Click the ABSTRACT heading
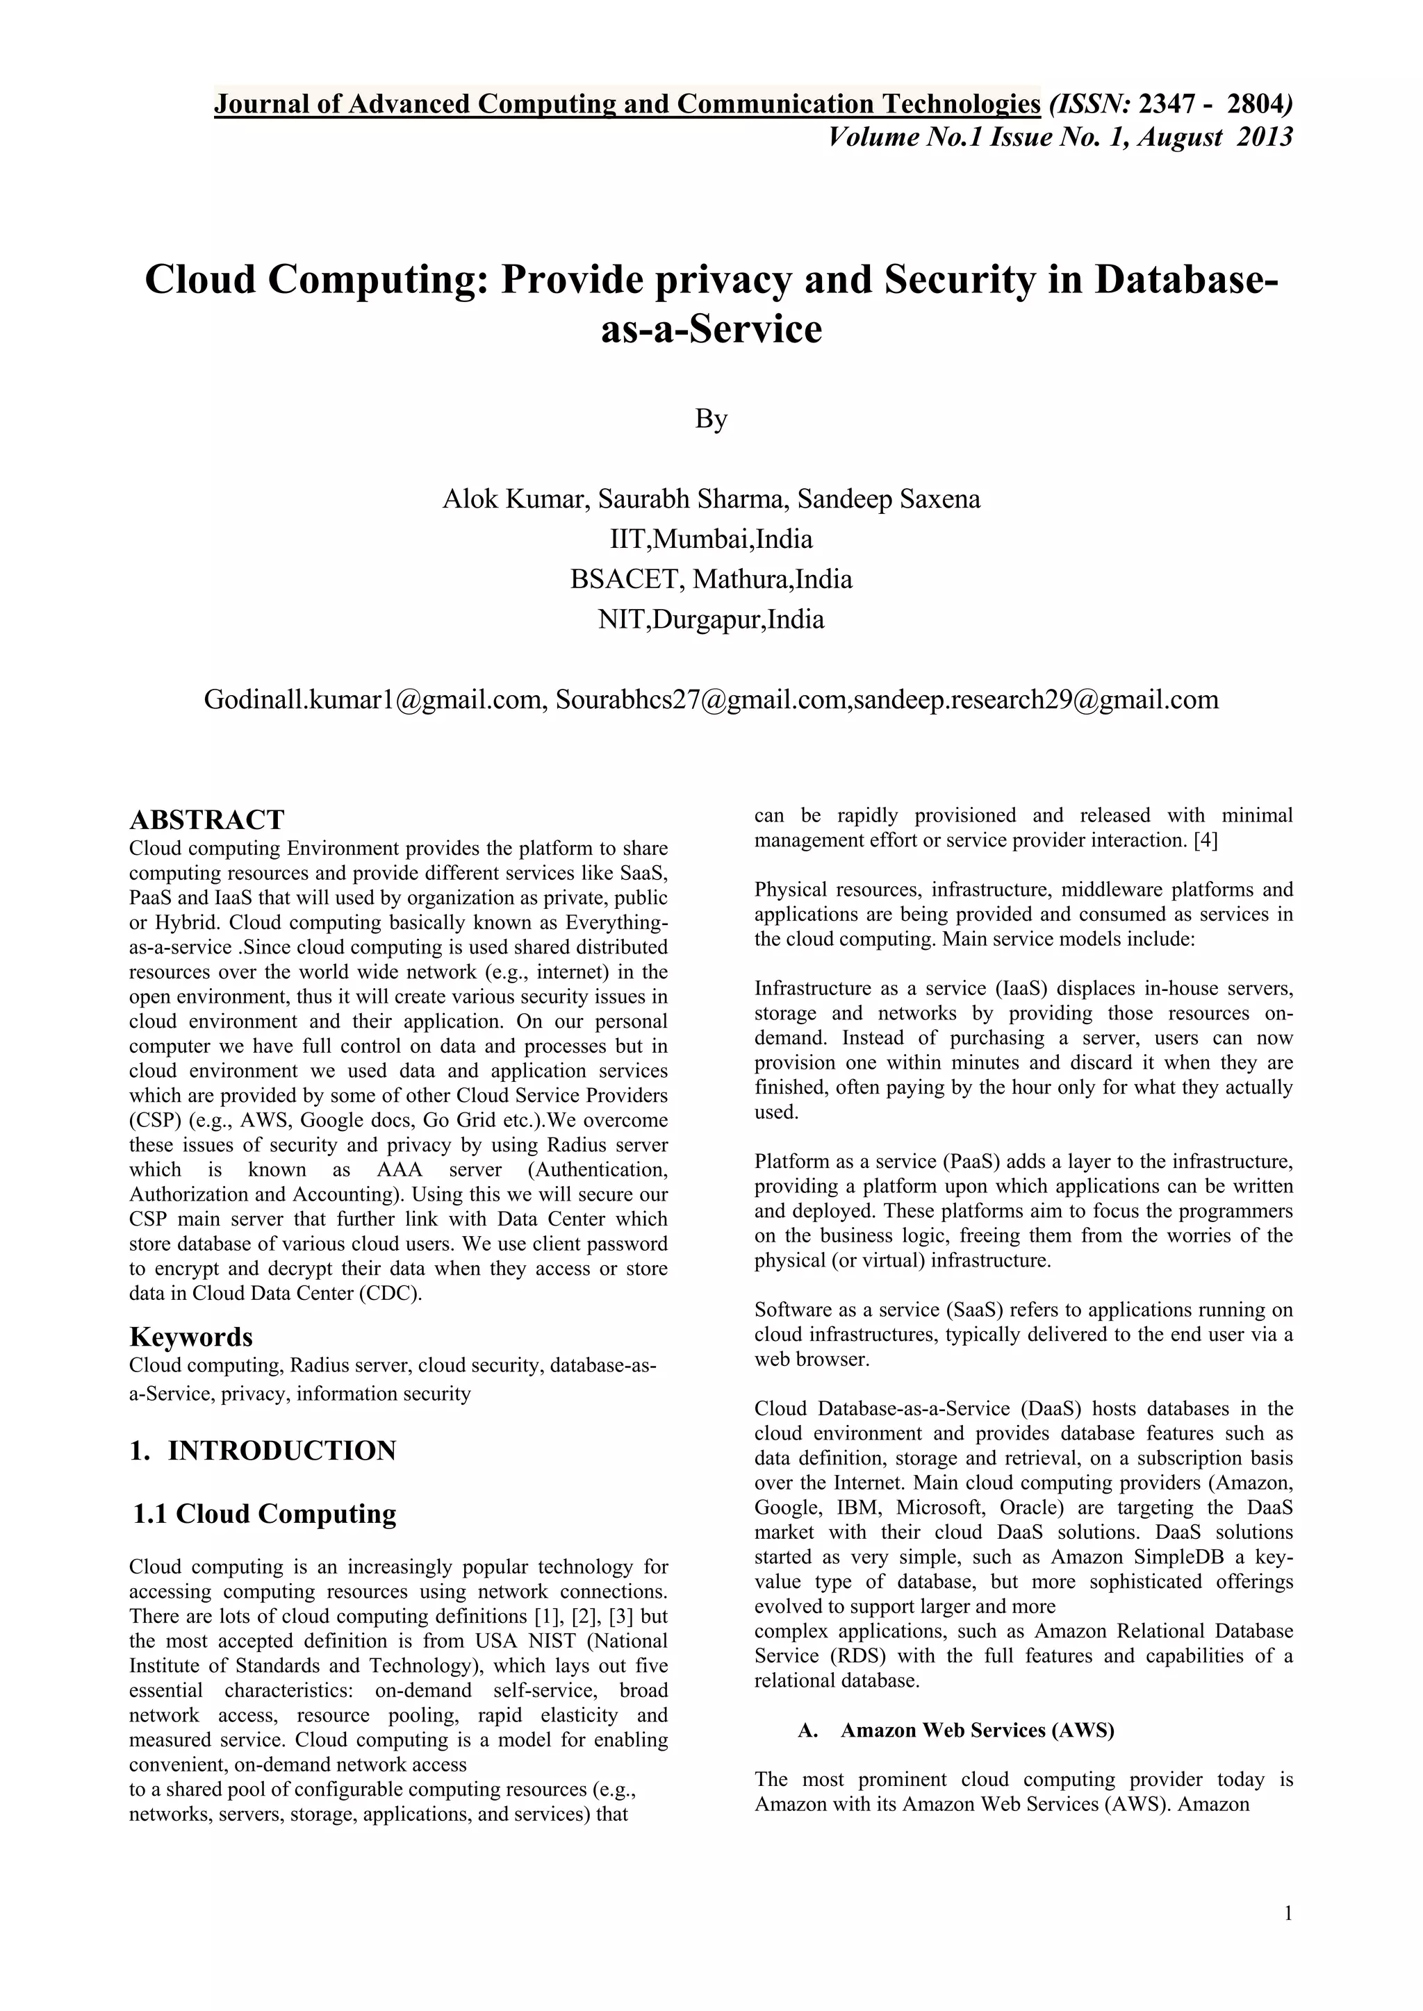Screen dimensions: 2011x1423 point(207,820)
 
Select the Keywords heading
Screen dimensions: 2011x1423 point(191,1337)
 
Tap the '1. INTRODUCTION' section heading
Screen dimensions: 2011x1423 point(263,1451)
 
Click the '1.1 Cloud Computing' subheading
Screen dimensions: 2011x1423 point(265,1514)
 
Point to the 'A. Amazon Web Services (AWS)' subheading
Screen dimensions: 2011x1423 point(956,1730)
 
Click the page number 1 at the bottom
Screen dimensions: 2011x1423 point(1288,1914)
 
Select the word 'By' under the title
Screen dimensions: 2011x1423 point(711,419)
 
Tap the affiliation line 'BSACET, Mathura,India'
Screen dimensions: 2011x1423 point(711,579)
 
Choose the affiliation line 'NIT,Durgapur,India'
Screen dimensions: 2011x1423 point(711,619)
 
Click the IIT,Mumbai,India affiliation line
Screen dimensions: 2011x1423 point(711,539)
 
